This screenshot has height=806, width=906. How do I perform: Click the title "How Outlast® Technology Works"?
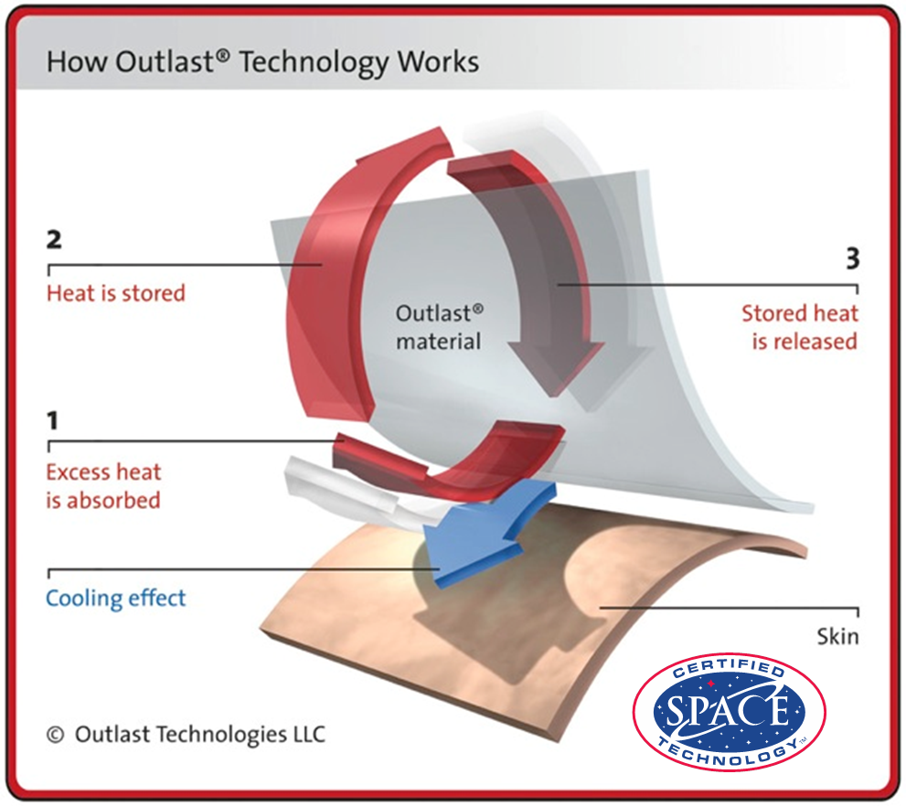point(263,62)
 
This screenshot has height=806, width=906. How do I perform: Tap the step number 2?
point(54,239)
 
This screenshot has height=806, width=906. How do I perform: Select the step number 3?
point(853,259)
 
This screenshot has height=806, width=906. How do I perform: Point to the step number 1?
point(53,421)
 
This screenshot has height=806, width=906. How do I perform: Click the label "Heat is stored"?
point(115,293)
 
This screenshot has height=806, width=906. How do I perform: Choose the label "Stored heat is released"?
point(800,327)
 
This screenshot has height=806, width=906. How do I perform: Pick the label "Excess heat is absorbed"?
point(103,486)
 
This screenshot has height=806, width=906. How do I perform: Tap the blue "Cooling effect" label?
point(115,599)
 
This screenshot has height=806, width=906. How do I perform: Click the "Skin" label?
point(837,636)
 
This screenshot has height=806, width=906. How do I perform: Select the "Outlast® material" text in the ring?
point(439,327)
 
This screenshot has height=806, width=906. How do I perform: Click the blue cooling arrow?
point(485,534)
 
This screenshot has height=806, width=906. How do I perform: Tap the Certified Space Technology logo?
point(730,713)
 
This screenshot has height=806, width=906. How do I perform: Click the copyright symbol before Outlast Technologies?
point(55,735)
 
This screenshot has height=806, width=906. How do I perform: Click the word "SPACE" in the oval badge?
point(728,709)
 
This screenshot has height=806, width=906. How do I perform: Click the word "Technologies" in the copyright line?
point(222,735)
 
